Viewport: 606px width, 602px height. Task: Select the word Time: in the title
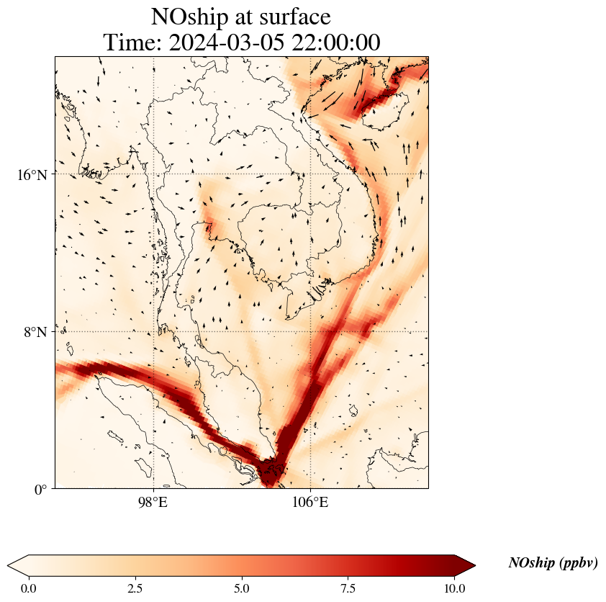click(x=133, y=42)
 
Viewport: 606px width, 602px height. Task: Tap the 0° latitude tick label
click(x=41, y=490)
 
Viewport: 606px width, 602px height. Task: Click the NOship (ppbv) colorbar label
click(x=553, y=563)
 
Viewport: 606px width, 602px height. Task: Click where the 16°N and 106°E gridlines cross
click(x=310, y=174)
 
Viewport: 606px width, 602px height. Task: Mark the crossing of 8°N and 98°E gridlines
click(x=153, y=331)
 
